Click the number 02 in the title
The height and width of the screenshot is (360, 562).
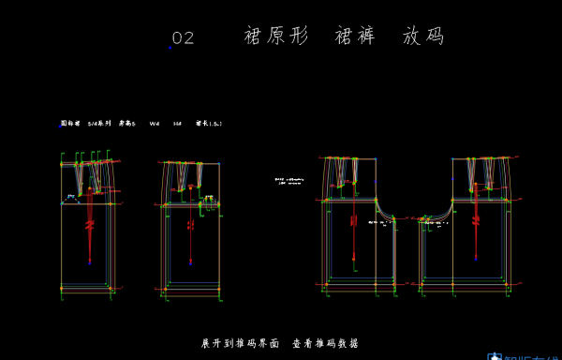183,38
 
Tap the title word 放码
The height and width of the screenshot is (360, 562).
422,37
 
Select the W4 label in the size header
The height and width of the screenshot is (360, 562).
155,124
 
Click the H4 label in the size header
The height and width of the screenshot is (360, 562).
177,124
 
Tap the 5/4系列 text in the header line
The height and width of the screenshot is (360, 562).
98,124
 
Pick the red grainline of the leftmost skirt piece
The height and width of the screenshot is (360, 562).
90,225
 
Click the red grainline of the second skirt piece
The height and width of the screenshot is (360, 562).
190,225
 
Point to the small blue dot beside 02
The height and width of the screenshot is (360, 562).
170,47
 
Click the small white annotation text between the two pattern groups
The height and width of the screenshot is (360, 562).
288,180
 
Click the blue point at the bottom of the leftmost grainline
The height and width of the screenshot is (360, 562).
90,262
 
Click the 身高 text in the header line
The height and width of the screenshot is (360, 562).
126,124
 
